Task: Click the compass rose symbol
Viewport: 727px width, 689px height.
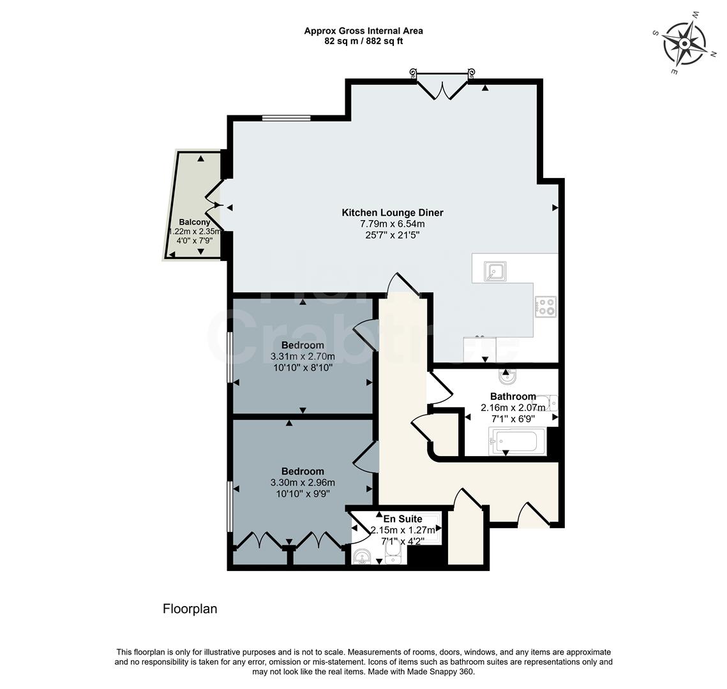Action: pyautogui.click(x=684, y=43)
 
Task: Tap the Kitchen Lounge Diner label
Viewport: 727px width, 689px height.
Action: pyautogui.click(x=393, y=213)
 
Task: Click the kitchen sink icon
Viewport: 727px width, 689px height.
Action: pyautogui.click(x=495, y=272)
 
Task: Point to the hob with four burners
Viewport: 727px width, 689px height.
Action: pyautogui.click(x=546, y=307)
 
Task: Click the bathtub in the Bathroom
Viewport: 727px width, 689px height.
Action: pyautogui.click(x=518, y=441)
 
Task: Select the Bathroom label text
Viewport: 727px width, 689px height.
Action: pyautogui.click(x=513, y=396)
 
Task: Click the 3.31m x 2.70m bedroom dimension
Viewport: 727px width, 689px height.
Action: pyautogui.click(x=301, y=357)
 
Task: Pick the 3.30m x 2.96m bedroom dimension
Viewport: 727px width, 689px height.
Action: pyautogui.click(x=302, y=483)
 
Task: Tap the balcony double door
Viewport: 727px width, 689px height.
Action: pyautogui.click(x=214, y=204)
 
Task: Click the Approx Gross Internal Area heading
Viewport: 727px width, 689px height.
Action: pyautogui.click(x=363, y=31)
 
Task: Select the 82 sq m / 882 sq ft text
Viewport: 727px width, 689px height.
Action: pyautogui.click(x=363, y=41)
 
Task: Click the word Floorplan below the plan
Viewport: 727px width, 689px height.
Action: pyautogui.click(x=190, y=609)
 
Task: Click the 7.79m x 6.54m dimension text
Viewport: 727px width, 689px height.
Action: pyautogui.click(x=393, y=224)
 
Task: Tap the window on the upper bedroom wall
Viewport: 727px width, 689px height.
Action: pyautogui.click(x=230, y=357)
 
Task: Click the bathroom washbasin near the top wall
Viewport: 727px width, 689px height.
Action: pyautogui.click(x=508, y=378)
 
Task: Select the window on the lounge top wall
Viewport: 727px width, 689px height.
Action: pyautogui.click(x=286, y=118)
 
